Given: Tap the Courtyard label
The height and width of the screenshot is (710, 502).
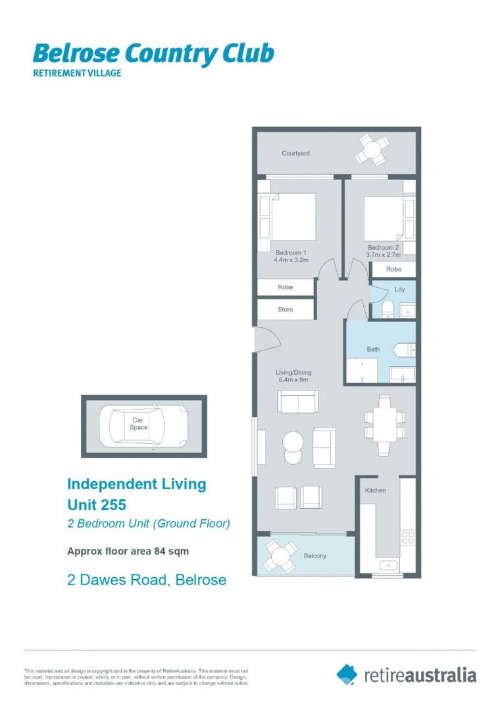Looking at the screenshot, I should click(x=295, y=153).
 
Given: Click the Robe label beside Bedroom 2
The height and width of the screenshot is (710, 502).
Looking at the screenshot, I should click(x=393, y=270).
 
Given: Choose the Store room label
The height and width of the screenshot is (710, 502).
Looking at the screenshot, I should click(x=285, y=309).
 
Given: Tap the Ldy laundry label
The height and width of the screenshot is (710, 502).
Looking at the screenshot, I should click(x=399, y=289).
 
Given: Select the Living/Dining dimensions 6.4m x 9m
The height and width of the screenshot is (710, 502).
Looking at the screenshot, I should click(x=293, y=380).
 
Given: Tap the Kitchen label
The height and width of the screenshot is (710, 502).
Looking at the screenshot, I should click(x=376, y=490).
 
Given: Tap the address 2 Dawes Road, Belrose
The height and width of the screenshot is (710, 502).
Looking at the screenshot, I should click(x=147, y=580).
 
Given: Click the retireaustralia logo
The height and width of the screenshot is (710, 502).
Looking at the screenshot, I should click(x=406, y=674).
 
